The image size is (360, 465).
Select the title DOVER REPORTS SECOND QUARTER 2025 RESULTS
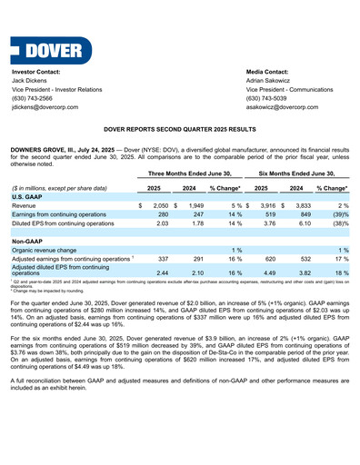tap(180, 131)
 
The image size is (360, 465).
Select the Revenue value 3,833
tap(293, 206)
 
